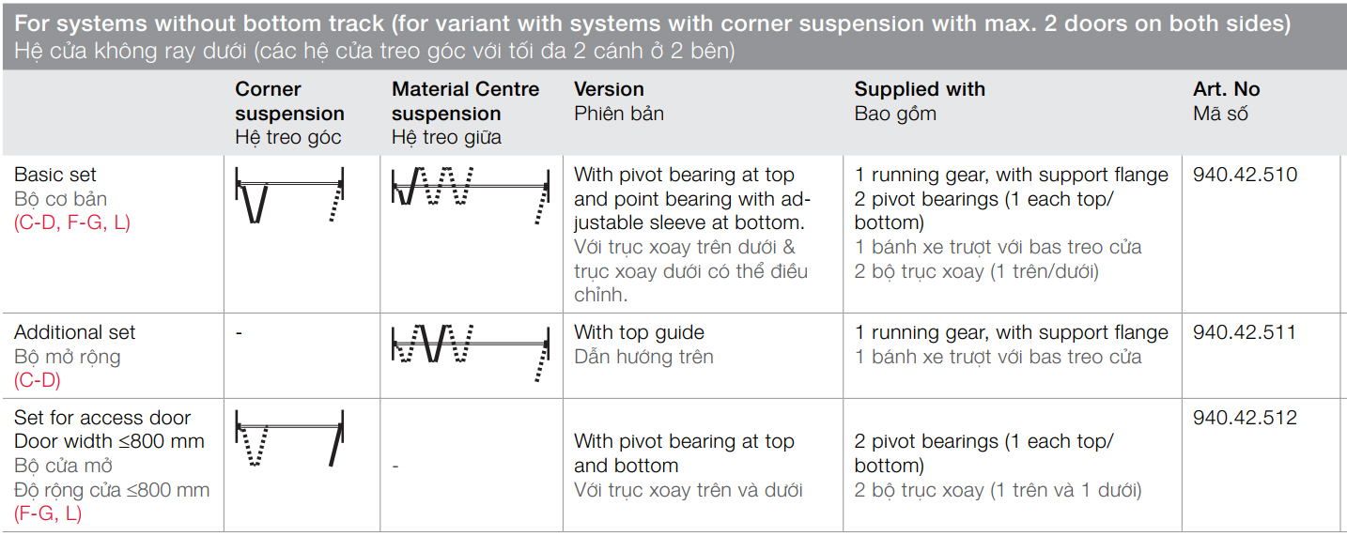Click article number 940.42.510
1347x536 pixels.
click(1245, 175)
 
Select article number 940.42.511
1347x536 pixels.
click(1245, 332)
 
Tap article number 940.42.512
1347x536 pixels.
click(1245, 418)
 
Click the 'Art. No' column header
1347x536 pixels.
click(1226, 89)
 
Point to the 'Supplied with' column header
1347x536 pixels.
click(920, 89)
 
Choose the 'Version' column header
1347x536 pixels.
click(609, 89)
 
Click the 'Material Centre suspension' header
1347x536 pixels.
click(465, 101)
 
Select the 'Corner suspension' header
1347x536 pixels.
click(289, 101)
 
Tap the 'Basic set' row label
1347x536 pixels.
click(54, 175)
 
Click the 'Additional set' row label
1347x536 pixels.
click(74, 332)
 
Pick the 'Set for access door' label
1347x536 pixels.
click(102, 418)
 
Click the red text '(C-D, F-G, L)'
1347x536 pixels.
click(72, 222)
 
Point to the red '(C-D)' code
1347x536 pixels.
click(38, 380)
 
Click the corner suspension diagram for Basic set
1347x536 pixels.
click(289, 195)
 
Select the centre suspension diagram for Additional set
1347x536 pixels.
click(471, 353)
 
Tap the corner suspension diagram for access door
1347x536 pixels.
click(289, 438)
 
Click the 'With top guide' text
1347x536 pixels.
click(639, 332)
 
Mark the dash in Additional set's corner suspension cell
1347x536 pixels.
click(239, 332)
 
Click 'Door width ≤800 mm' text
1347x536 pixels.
click(109, 441)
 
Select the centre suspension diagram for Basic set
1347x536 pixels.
click(471, 195)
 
